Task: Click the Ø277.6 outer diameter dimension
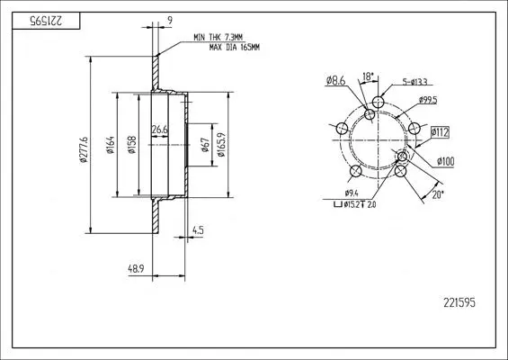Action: tap(84, 149)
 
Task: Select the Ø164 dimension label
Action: tap(111, 145)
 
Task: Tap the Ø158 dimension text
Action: tap(132, 145)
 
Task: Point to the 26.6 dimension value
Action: tap(160, 130)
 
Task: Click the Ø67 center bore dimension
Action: tap(205, 145)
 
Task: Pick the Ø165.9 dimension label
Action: tap(221, 145)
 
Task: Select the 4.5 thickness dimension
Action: tap(198, 230)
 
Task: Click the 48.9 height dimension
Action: tap(136, 269)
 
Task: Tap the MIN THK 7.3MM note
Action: tap(218, 37)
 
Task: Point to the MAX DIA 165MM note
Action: tap(235, 48)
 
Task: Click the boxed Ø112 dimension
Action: tap(440, 132)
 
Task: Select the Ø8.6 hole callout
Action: tap(336, 80)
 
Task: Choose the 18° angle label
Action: tap(368, 76)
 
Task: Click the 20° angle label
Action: tap(437, 194)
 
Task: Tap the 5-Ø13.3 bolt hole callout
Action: tap(414, 82)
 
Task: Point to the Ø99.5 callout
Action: tap(428, 100)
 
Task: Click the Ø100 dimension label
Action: tap(445, 161)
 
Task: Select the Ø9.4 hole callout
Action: tap(352, 193)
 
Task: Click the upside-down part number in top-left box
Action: tap(46, 21)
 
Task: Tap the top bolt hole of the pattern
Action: tap(379, 103)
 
